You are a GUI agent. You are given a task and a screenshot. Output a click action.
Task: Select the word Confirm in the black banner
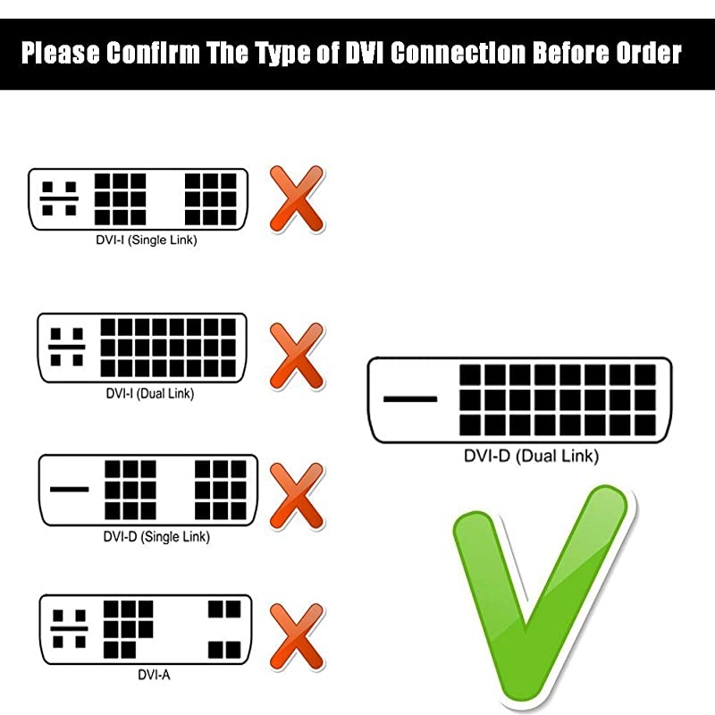pyautogui.click(x=160, y=54)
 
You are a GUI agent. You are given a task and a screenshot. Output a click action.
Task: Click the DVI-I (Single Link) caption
pyautogui.click(x=146, y=240)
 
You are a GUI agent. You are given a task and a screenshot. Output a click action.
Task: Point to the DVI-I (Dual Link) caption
pyautogui.click(x=143, y=393)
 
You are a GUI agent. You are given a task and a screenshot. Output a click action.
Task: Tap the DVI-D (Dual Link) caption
pyautogui.click(x=531, y=457)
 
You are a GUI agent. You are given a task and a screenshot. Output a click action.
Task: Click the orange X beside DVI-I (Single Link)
pyautogui.click(x=296, y=198)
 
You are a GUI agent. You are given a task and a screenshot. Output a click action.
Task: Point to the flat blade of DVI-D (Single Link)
pyautogui.click(x=70, y=489)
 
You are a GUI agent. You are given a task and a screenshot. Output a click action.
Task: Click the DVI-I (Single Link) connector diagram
pyautogui.click(x=139, y=198)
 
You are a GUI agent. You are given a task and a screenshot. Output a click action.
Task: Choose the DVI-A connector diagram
pyautogui.click(x=147, y=631)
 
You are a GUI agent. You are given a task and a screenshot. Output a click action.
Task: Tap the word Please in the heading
pyautogui.click(x=60, y=54)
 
